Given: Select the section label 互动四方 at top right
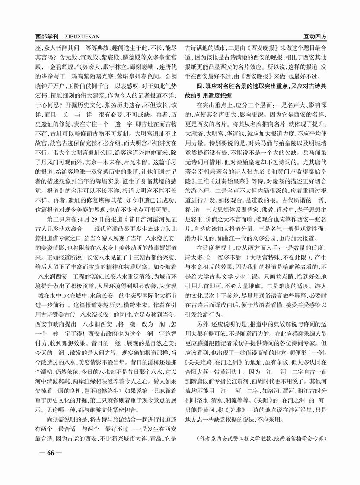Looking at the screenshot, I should (313, 38).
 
